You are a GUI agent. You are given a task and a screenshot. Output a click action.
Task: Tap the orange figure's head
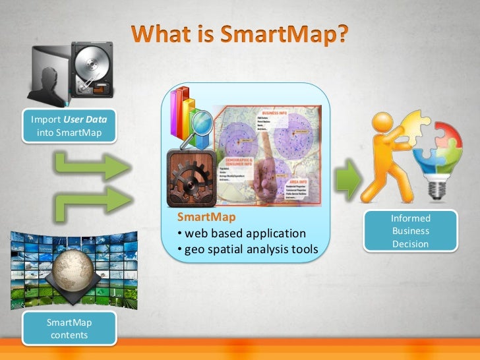[382, 123]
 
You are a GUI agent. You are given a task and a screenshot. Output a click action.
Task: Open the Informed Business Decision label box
[410, 231]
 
